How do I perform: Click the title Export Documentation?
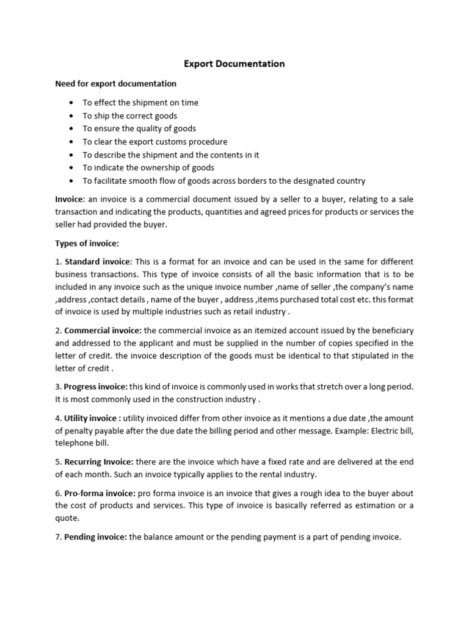(x=235, y=63)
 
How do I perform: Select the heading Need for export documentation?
(x=115, y=84)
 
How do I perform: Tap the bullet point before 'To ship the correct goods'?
(x=71, y=116)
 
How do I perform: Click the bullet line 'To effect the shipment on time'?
(x=140, y=103)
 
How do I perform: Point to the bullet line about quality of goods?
(x=139, y=129)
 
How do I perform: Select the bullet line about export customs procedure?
(x=155, y=142)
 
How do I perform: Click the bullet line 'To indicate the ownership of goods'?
(x=148, y=168)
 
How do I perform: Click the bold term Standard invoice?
(x=102, y=261)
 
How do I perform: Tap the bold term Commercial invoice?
(x=102, y=330)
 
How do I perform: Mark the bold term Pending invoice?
(x=96, y=538)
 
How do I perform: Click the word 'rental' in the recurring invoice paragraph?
(x=264, y=474)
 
